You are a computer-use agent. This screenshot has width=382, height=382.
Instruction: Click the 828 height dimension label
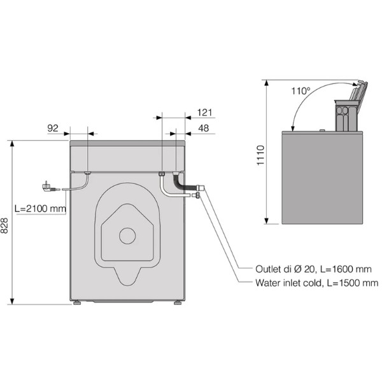(4, 225)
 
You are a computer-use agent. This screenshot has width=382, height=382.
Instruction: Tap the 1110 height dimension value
(260, 155)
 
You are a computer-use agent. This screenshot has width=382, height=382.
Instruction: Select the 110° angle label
(301, 91)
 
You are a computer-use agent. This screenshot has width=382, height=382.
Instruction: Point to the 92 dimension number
(53, 128)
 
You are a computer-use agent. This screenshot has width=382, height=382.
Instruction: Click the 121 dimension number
(204, 113)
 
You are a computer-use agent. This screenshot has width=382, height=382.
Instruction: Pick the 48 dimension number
(204, 128)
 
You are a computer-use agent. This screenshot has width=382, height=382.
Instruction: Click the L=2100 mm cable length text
(40, 209)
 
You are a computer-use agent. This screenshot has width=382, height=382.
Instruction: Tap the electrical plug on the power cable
(48, 187)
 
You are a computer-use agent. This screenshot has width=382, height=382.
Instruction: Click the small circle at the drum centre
(127, 236)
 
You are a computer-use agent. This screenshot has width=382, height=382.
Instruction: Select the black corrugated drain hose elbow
(180, 183)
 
